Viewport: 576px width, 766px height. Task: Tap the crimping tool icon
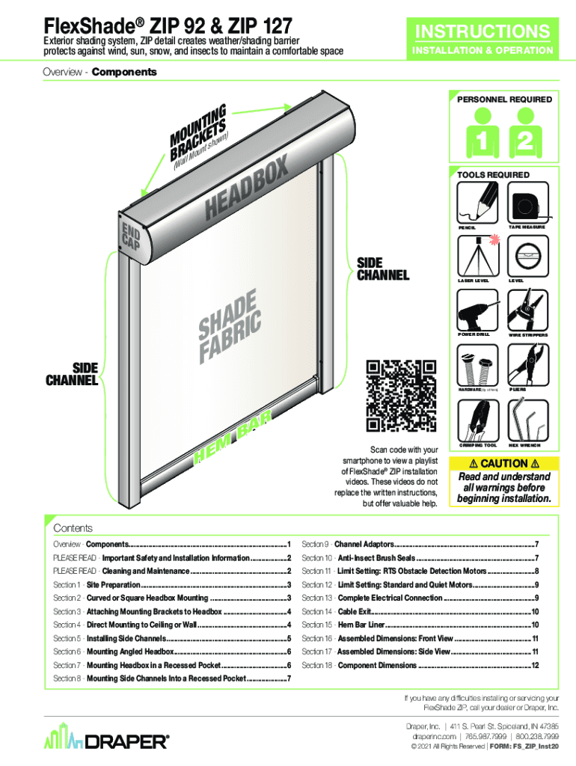[x=478, y=420]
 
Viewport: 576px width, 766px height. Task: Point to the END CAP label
[x=131, y=234]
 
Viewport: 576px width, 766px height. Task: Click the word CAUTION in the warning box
[x=503, y=464]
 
